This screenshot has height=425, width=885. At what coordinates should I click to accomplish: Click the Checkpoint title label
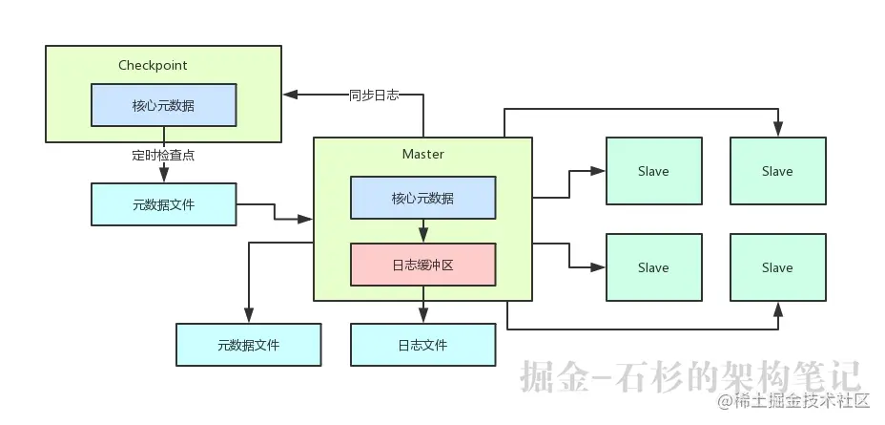(x=153, y=65)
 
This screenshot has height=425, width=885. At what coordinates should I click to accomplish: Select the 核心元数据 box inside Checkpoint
(x=163, y=105)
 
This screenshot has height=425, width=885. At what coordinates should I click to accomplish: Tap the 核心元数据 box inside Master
(x=422, y=199)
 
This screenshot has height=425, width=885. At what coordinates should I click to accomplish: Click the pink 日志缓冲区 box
(x=422, y=265)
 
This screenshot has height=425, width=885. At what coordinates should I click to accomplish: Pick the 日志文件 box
(x=422, y=345)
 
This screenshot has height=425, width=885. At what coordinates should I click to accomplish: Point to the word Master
(x=422, y=154)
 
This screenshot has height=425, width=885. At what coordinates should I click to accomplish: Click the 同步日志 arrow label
(x=374, y=95)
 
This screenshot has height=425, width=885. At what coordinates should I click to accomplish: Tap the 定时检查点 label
(x=163, y=154)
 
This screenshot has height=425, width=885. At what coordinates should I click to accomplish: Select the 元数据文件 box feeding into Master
(x=163, y=204)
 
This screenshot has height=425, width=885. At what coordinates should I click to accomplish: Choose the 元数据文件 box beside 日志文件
(x=248, y=345)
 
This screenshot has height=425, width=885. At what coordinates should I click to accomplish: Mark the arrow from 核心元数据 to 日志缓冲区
(x=423, y=232)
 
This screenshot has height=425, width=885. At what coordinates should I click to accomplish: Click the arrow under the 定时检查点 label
(x=164, y=171)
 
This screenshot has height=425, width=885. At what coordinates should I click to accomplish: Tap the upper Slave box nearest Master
(x=653, y=171)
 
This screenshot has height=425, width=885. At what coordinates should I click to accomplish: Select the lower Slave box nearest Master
(x=653, y=267)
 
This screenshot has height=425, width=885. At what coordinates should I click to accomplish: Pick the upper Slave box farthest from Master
(x=777, y=171)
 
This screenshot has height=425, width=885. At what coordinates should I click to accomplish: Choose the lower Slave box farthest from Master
(x=777, y=267)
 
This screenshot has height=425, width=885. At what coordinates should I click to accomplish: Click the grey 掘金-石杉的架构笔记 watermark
(x=691, y=376)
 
